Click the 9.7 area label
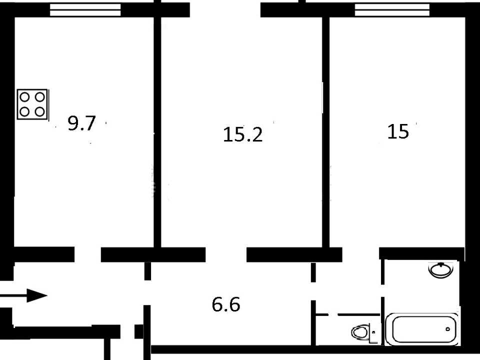(x=81, y=123)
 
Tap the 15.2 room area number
(x=243, y=134)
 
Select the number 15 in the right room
(x=398, y=131)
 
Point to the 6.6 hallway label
(x=226, y=304)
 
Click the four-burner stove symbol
(x=32, y=104)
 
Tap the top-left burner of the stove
(x=24, y=97)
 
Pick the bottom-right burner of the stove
(x=40, y=111)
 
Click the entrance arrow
(x=23, y=295)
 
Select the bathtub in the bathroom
(x=422, y=329)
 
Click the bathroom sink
(x=441, y=270)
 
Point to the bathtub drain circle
(x=448, y=329)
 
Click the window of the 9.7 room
(x=85, y=10)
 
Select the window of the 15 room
(x=392, y=10)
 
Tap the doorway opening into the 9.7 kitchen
(x=87, y=254)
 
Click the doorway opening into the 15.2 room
(x=226, y=254)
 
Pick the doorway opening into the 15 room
(x=360, y=254)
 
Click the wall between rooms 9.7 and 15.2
(x=157, y=132)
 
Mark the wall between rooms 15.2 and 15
(x=325, y=132)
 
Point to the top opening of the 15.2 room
(x=225, y=10)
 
